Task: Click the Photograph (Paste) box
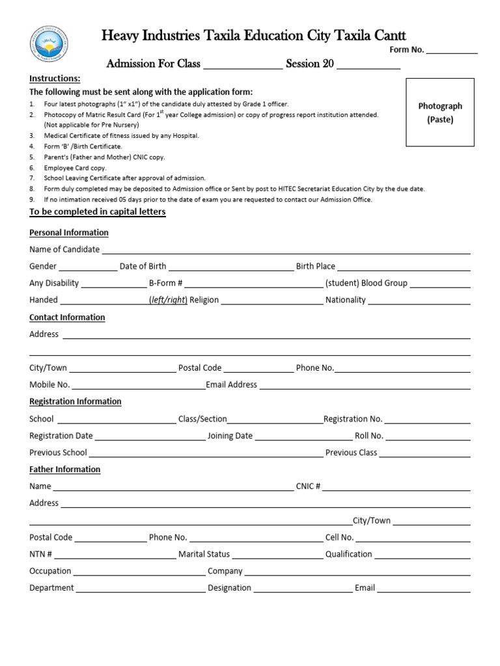[x=440, y=112]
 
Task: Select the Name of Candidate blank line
[x=286, y=250]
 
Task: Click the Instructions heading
[x=55, y=79]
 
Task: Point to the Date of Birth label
[x=143, y=267]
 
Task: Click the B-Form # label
[x=165, y=284]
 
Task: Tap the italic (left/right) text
[x=168, y=300]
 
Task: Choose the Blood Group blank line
[x=439, y=284]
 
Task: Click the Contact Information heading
[x=67, y=317]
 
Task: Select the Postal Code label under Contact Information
[x=200, y=368]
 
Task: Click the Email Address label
[x=232, y=385]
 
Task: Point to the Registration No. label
[x=353, y=420]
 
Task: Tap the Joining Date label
[x=230, y=436]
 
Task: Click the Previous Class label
[x=351, y=453]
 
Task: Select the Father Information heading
[x=64, y=470]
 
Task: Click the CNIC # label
[x=308, y=486]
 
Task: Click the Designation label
[x=229, y=588]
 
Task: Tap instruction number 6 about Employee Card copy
[x=75, y=168]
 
